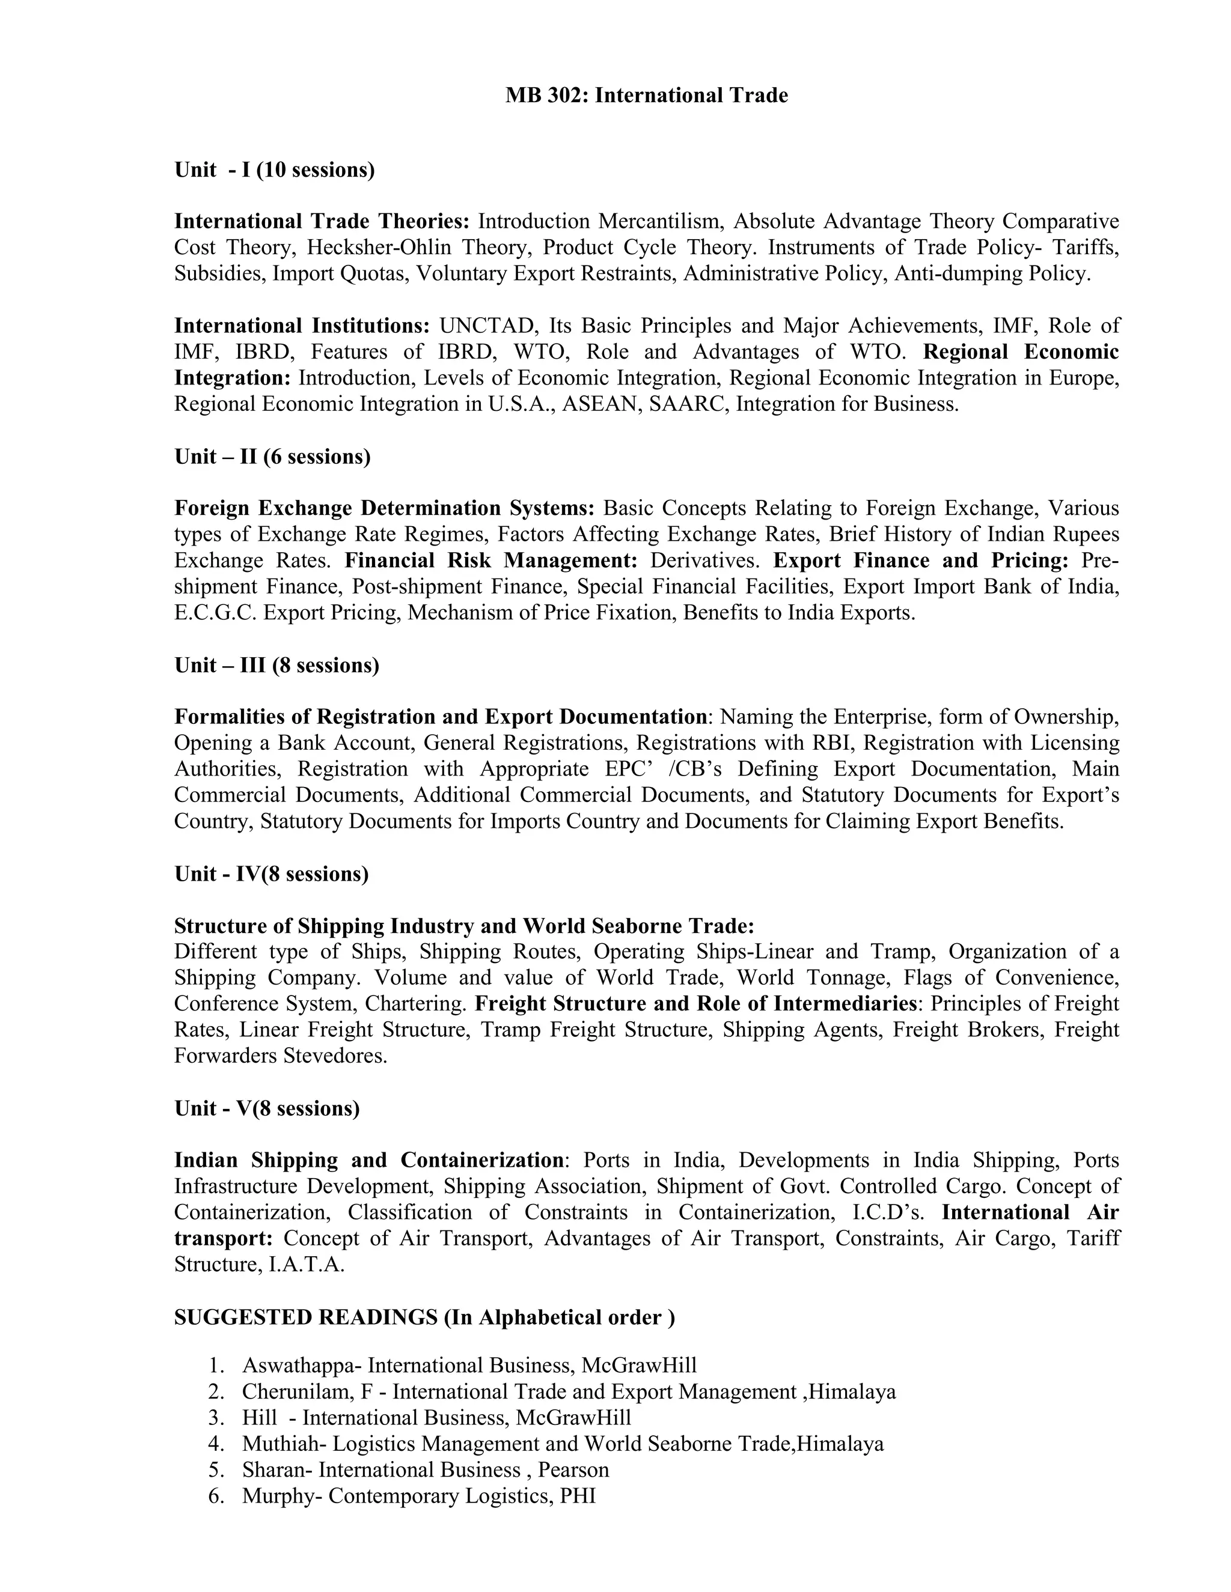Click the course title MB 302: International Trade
tap(646, 96)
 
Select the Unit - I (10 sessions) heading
tap(274, 170)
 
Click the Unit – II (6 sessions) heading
tap(272, 457)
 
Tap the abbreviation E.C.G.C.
tap(215, 613)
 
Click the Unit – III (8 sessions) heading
tap(276, 665)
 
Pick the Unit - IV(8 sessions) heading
tap(271, 873)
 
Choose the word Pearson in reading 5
tap(573, 1469)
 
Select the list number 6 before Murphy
tap(215, 1496)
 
